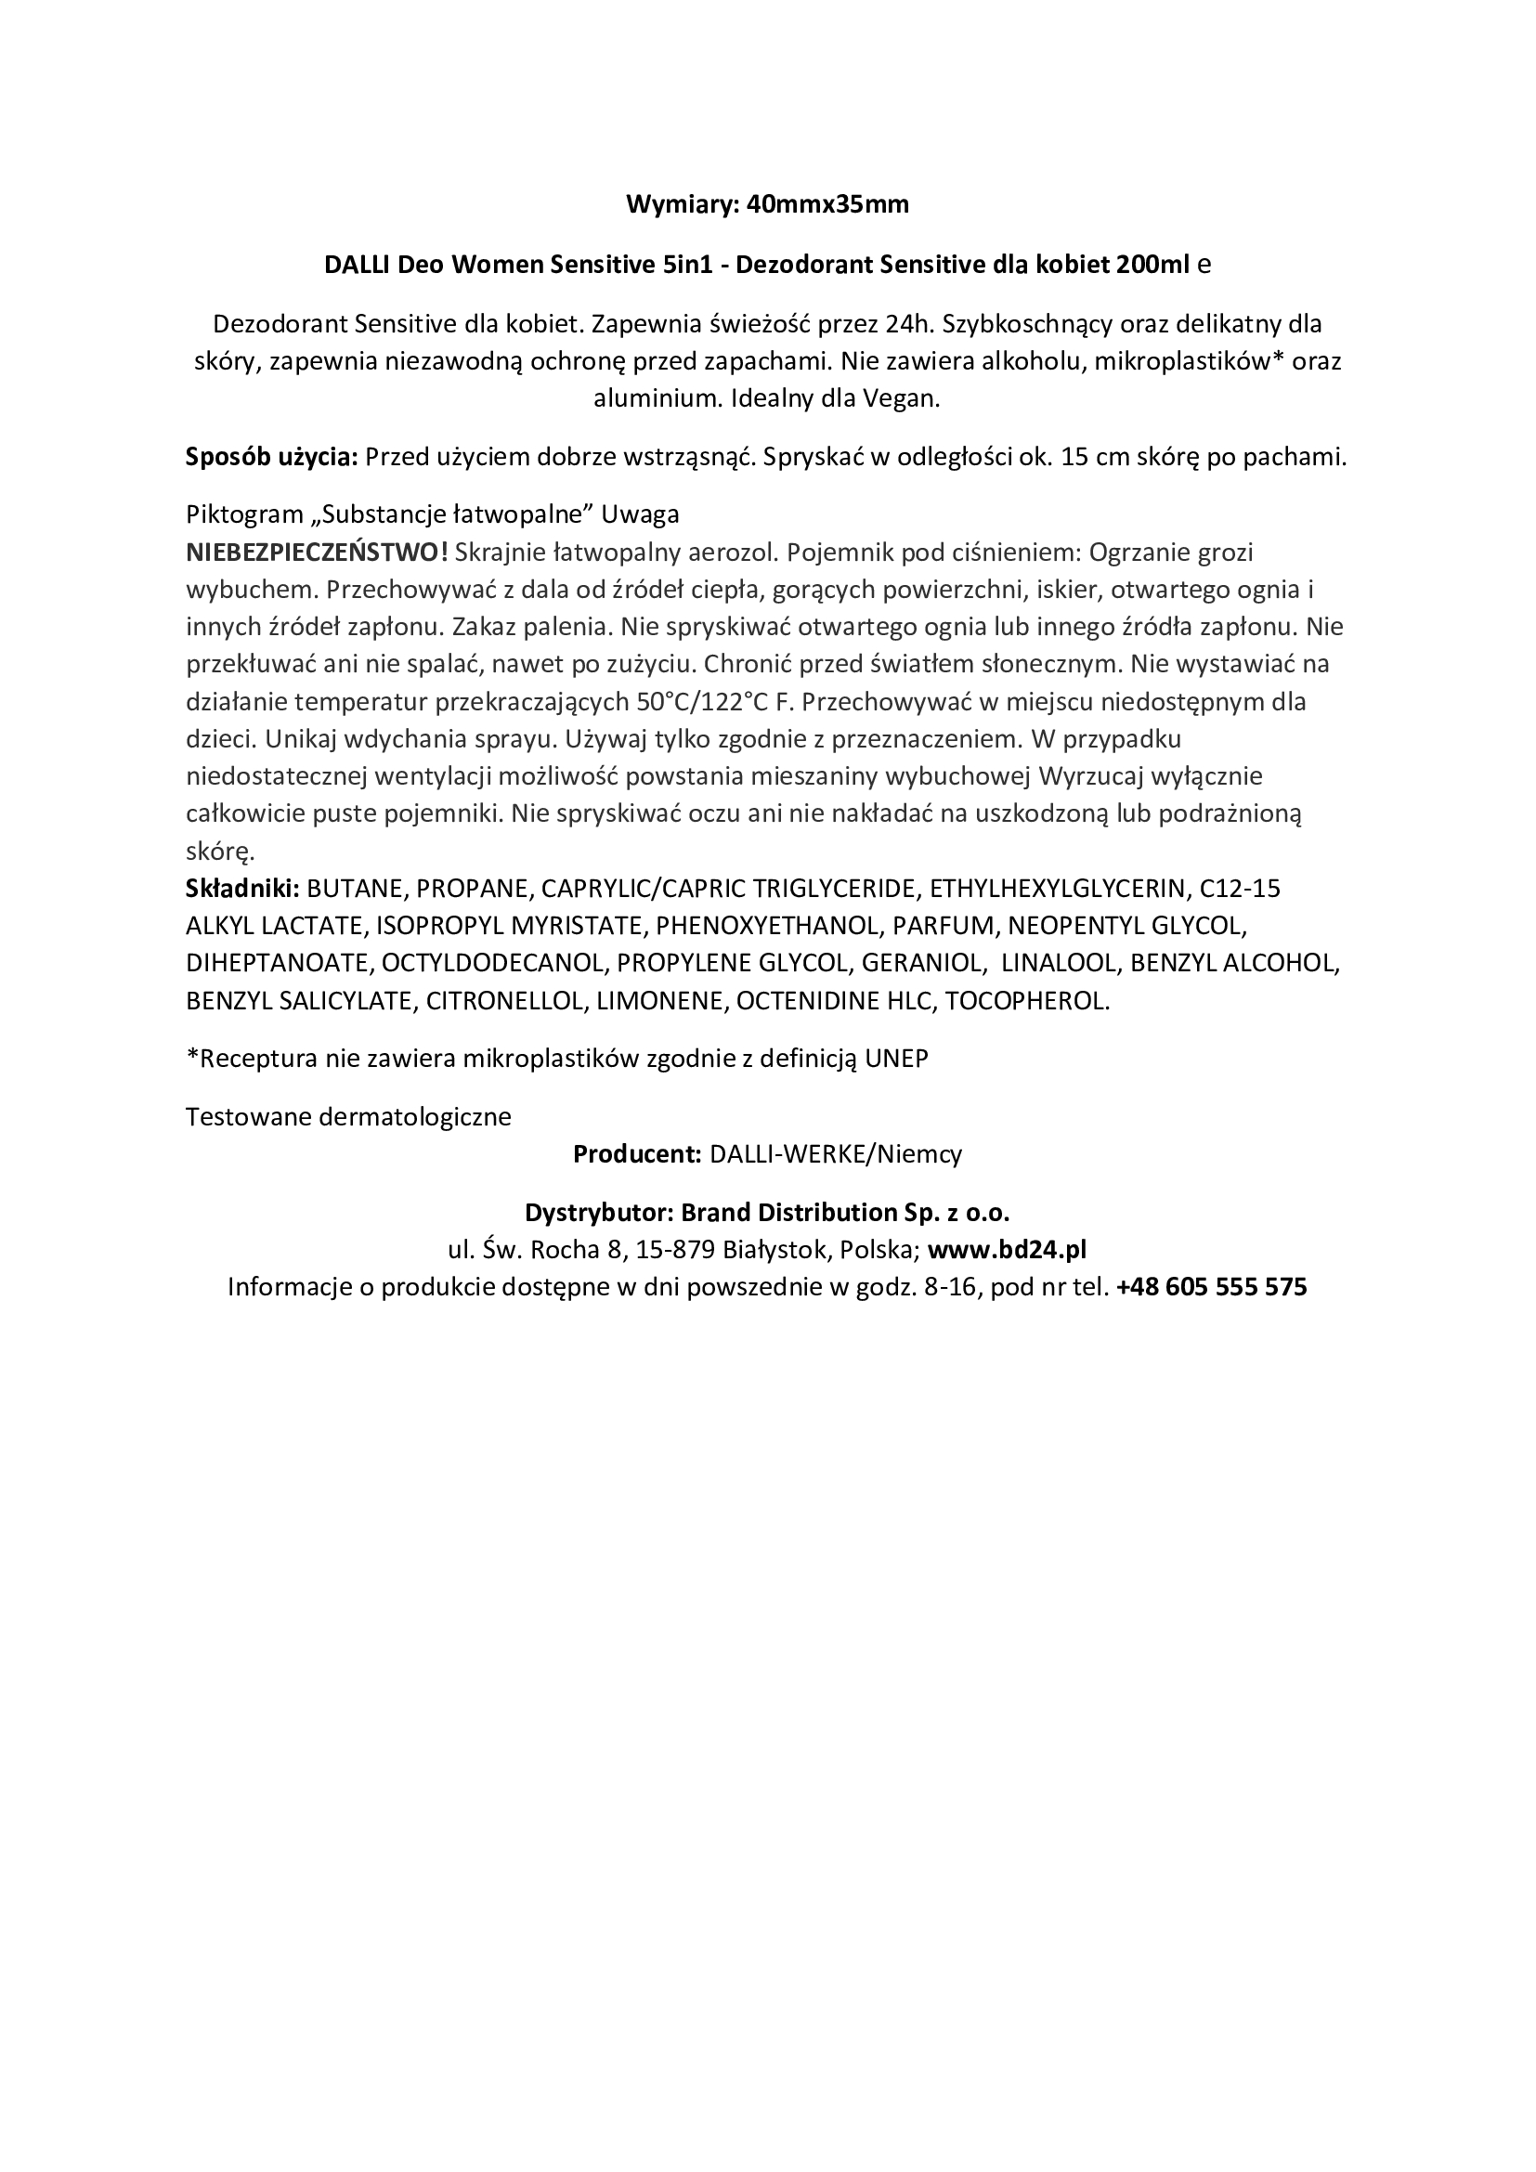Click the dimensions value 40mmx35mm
[x=827, y=204]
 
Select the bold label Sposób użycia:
[x=271, y=457]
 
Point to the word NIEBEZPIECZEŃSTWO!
[x=317, y=553]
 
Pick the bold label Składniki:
[x=243, y=889]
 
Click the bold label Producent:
[x=636, y=1154]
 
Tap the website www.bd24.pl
[x=1008, y=1250]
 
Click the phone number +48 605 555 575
[x=1212, y=1286]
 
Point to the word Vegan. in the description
[x=901, y=398]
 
